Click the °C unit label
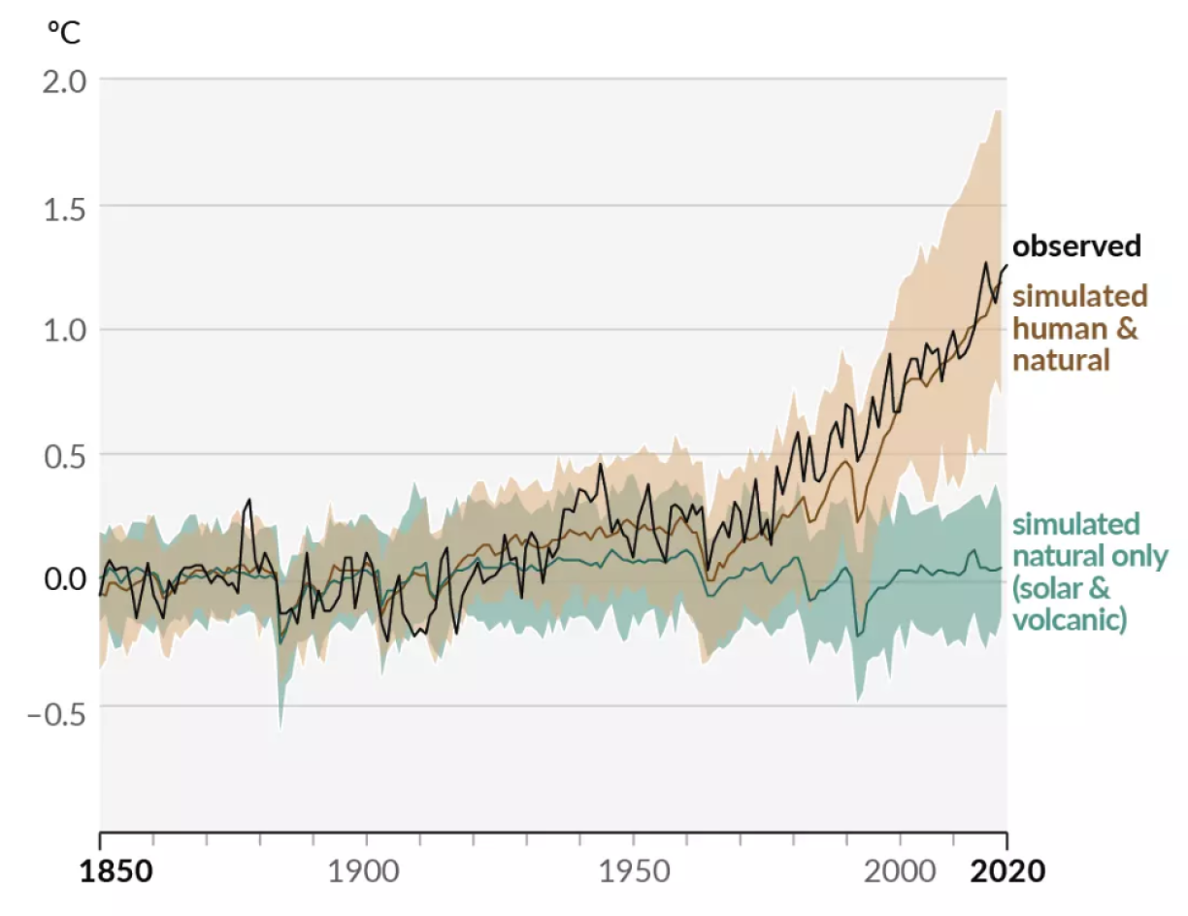[x=64, y=33]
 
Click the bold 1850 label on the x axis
[x=116, y=870]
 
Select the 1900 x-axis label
[x=365, y=870]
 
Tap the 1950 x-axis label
[x=633, y=870]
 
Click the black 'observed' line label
[x=1076, y=246]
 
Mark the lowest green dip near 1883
[x=280, y=726]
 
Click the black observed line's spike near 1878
[x=249, y=500]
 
